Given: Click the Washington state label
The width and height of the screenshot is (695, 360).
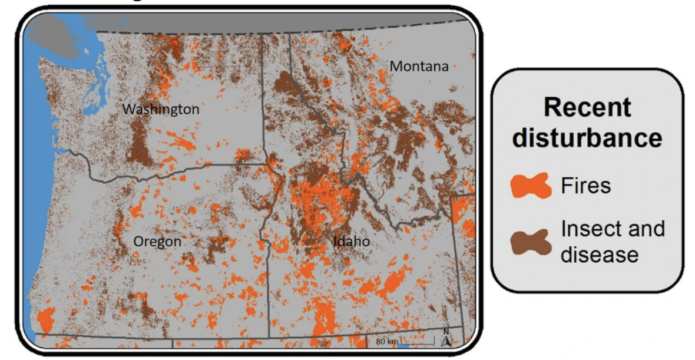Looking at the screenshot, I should coord(160,110).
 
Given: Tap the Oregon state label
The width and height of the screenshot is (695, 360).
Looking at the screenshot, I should coord(157,242).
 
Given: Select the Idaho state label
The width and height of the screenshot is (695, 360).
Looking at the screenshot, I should coord(351,242).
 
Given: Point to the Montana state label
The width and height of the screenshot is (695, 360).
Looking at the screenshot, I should coord(419,66).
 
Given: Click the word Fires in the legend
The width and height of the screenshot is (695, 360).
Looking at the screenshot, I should coord(586,186).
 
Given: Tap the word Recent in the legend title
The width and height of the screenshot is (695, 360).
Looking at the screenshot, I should coord(587,108).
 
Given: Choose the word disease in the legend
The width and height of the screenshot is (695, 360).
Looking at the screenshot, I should coord(599,254).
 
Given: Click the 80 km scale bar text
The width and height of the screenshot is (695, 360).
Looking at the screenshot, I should coord(387,341).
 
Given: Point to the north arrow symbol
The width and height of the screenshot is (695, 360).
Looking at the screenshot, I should coord(446,340).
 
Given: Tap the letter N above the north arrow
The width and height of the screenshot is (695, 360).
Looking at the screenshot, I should coord(446,331).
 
